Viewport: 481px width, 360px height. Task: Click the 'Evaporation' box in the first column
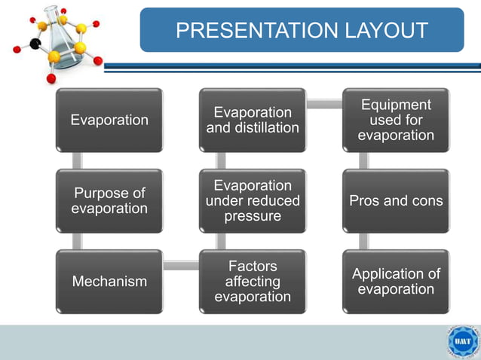pos(109,121)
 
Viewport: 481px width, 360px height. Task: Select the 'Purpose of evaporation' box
pos(109,201)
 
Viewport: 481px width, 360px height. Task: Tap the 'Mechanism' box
pos(109,282)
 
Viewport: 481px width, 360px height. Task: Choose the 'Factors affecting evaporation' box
pos(253,282)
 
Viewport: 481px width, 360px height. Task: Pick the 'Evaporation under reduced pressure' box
pos(253,201)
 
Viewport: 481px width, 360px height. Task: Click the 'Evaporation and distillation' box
pos(253,121)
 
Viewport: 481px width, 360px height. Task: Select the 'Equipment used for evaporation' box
pos(396,121)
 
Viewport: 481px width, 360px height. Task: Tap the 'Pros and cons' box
pos(396,201)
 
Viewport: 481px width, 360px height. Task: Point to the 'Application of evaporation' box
pos(396,282)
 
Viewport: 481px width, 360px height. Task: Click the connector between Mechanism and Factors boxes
pos(181,265)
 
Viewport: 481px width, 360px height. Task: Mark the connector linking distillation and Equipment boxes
pos(324,104)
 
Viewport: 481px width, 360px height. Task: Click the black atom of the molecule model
pos(35,44)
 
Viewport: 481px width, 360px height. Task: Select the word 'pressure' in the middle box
pos(253,216)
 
